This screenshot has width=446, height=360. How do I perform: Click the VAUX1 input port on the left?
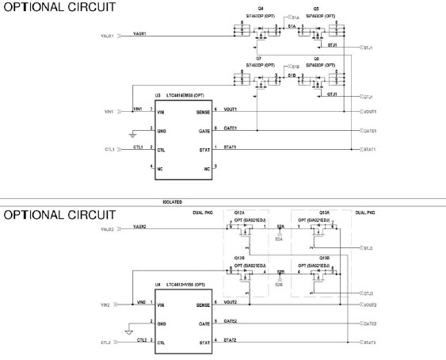pyautogui.click(x=111, y=36)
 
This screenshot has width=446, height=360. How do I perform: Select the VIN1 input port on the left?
pyautogui.click(x=111, y=110)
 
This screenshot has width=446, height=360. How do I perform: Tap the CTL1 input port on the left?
pyautogui.click(x=111, y=148)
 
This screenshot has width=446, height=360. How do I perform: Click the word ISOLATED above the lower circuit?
pyautogui.click(x=173, y=201)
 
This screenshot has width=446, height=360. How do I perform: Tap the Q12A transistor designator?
pyautogui.click(x=238, y=212)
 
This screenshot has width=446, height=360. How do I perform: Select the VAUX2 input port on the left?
pyautogui.click(x=111, y=228)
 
